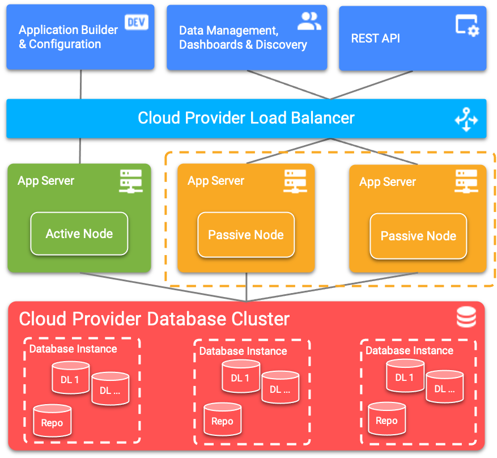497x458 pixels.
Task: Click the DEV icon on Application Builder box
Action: click(x=137, y=22)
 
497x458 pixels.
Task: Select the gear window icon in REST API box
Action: click(x=468, y=26)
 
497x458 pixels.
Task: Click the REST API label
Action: click(x=375, y=39)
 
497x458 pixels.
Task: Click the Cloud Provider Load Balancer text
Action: click(x=246, y=118)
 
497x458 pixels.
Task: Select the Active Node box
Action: click(x=79, y=234)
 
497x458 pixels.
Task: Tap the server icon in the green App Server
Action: click(x=131, y=181)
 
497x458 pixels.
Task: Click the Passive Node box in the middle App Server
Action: click(x=246, y=235)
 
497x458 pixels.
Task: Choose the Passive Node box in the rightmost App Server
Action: click(x=418, y=236)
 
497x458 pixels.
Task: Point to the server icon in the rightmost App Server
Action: click(x=466, y=181)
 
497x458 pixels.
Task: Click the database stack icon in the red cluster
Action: click(x=466, y=317)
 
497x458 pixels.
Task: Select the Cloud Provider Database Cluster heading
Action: click(x=154, y=319)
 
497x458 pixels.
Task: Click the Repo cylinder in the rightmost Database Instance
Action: click(x=386, y=420)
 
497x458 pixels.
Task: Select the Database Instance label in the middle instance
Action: click(x=243, y=351)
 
